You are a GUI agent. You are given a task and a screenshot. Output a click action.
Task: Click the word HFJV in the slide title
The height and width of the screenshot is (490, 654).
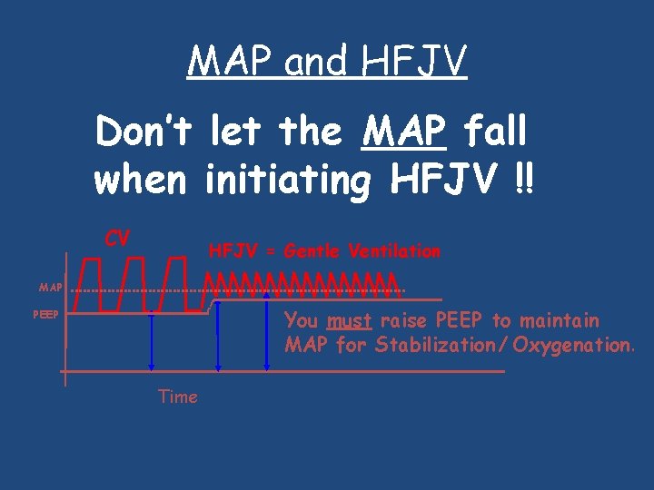pyautogui.click(x=413, y=62)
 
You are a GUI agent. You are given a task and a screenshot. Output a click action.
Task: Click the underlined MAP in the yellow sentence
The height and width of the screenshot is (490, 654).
pyautogui.click(x=404, y=132)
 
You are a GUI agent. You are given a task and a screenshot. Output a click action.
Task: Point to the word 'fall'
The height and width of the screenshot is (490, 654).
pyautogui.click(x=495, y=132)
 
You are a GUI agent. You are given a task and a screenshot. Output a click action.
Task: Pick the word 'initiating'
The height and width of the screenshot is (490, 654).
pyautogui.click(x=288, y=181)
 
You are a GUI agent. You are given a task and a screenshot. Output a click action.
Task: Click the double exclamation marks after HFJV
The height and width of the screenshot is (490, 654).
pyautogui.click(x=524, y=181)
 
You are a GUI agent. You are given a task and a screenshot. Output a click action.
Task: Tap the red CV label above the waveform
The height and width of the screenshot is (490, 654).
pyautogui.click(x=117, y=239)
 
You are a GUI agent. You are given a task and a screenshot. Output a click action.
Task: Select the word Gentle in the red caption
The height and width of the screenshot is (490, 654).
pyautogui.click(x=315, y=251)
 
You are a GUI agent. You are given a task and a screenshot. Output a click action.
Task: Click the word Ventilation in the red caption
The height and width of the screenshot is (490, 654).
pyautogui.click(x=397, y=251)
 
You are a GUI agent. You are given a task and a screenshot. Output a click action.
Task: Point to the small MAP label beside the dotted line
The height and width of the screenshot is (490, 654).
pyautogui.click(x=51, y=288)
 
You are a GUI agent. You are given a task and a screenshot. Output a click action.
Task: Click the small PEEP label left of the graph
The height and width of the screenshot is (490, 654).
pyautogui.click(x=45, y=315)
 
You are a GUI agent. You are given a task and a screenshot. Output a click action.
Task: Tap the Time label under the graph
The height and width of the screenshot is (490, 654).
pyautogui.click(x=177, y=397)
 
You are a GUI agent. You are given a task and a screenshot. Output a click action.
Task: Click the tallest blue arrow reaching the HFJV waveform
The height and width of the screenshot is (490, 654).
pyautogui.click(x=267, y=331)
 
